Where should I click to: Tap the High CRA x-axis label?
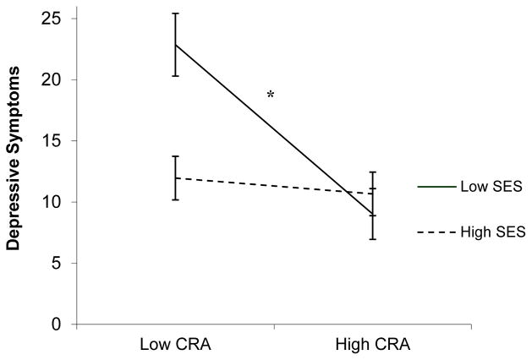click(x=372, y=346)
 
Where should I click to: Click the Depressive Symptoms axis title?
click(x=14, y=169)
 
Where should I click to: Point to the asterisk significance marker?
click(x=271, y=95)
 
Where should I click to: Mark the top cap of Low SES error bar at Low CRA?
click(x=175, y=14)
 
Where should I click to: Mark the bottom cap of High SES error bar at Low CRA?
click(x=175, y=199)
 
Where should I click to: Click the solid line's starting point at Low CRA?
click(x=175, y=44)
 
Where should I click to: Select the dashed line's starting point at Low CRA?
click(x=175, y=178)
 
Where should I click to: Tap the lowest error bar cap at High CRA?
click(x=372, y=239)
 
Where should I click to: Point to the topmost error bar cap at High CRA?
click(x=372, y=172)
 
